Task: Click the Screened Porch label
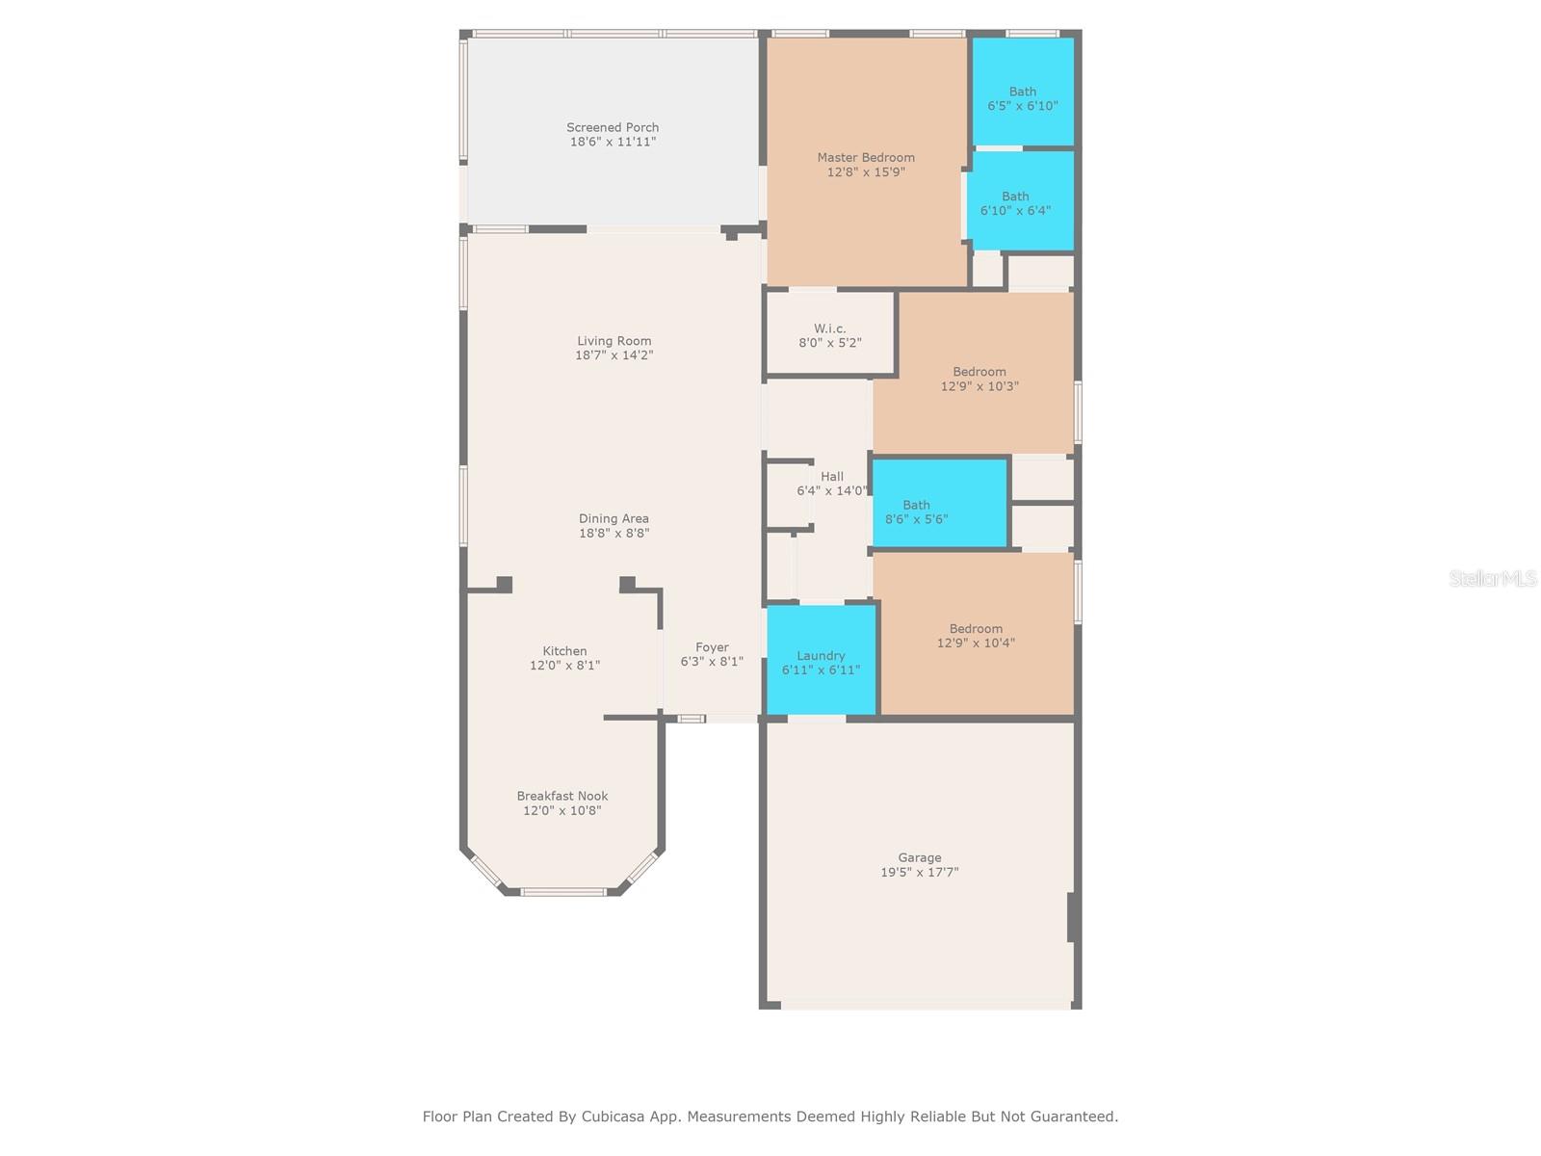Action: (x=613, y=127)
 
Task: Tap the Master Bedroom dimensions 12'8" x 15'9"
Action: (x=866, y=172)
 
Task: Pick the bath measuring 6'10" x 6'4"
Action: (x=1015, y=203)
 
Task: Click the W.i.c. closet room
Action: (x=829, y=335)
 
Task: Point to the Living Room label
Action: (x=614, y=341)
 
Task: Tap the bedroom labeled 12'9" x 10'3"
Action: (x=979, y=379)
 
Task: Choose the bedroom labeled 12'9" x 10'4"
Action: (x=975, y=636)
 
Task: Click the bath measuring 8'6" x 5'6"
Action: (x=917, y=512)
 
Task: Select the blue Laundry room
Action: (x=821, y=662)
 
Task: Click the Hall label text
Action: (x=832, y=476)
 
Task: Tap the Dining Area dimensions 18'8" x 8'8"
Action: (x=614, y=533)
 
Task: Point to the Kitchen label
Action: (x=564, y=651)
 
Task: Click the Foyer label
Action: (x=712, y=647)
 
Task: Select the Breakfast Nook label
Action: (x=562, y=796)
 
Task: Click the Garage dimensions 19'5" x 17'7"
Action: (x=919, y=872)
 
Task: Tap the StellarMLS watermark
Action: (x=1492, y=578)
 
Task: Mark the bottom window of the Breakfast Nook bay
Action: (x=563, y=891)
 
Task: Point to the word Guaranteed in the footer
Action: (x=1073, y=1117)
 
